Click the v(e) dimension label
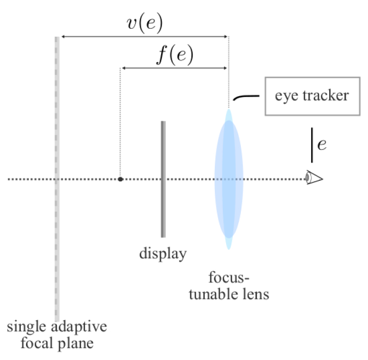pyautogui.click(x=144, y=23)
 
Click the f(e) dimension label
pyautogui.click(x=174, y=55)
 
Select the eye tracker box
pyautogui.click(x=311, y=96)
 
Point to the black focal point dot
pyautogui.click(x=121, y=179)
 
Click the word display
pyautogui.click(x=163, y=254)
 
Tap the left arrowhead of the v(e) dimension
pyautogui.click(x=63, y=36)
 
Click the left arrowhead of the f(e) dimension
pyautogui.click(x=124, y=69)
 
